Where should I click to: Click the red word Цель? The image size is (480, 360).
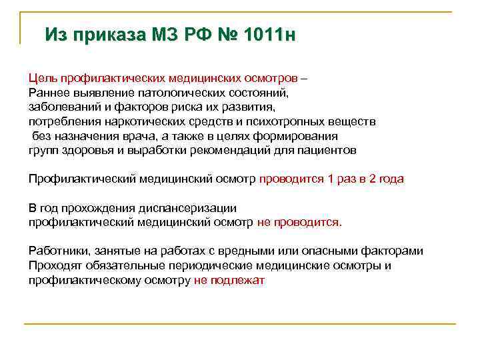42,79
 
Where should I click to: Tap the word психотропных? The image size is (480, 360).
291,121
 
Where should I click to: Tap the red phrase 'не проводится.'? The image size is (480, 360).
299,222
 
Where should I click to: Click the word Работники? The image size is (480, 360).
57,251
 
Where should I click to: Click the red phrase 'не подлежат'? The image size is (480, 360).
229,280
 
